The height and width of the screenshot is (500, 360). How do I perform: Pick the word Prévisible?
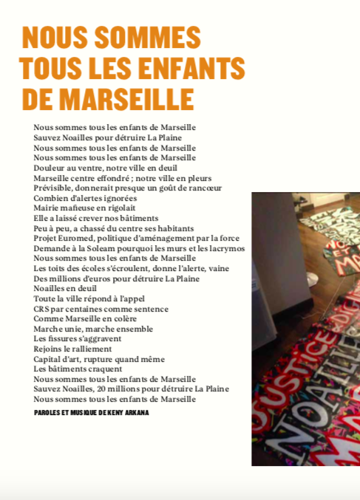tap(54, 188)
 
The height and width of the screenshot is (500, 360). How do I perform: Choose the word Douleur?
tap(50, 168)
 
